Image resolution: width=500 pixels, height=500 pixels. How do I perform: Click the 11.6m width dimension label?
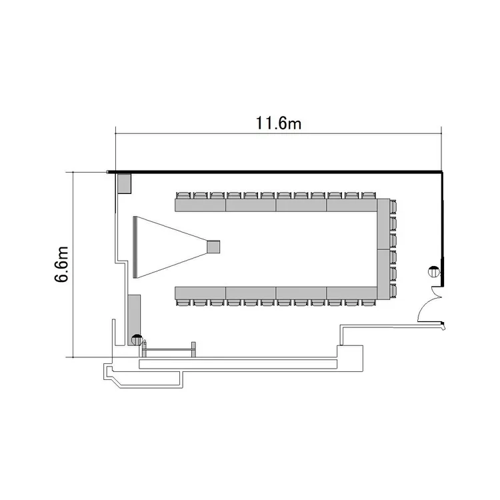click(279, 123)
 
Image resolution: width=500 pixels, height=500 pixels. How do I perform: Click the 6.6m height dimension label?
click(61, 265)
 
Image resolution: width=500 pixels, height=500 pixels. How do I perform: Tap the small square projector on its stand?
click(213, 247)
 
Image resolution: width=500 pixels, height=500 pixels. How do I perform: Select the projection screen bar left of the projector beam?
click(135, 247)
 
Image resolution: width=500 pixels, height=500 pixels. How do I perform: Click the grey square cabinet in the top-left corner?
click(125, 183)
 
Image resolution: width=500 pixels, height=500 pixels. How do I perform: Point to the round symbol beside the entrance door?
click(434, 272)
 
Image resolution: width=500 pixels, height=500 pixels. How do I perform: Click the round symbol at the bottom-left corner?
click(137, 339)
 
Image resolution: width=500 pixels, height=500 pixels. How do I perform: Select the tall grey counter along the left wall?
click(134, 320)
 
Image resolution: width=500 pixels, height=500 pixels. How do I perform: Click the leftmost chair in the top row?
click(183, 195)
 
